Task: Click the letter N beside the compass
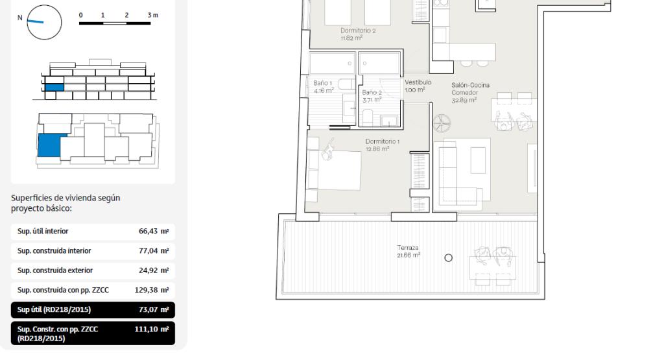(20, 18)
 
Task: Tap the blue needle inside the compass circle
(35, 21)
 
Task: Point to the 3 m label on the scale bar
(153, 16)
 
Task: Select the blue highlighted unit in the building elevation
(54, 88)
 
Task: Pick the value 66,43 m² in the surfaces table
(154, 232)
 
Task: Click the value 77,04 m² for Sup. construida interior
(154, 251)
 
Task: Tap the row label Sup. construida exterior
(55, 270)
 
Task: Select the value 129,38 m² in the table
(152, 290)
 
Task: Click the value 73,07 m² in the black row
(154, 309)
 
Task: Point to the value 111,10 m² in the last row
(152, 329)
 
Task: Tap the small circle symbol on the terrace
(449, 258)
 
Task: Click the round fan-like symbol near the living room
(442, 124)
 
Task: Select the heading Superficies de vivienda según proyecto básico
(65, 203)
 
